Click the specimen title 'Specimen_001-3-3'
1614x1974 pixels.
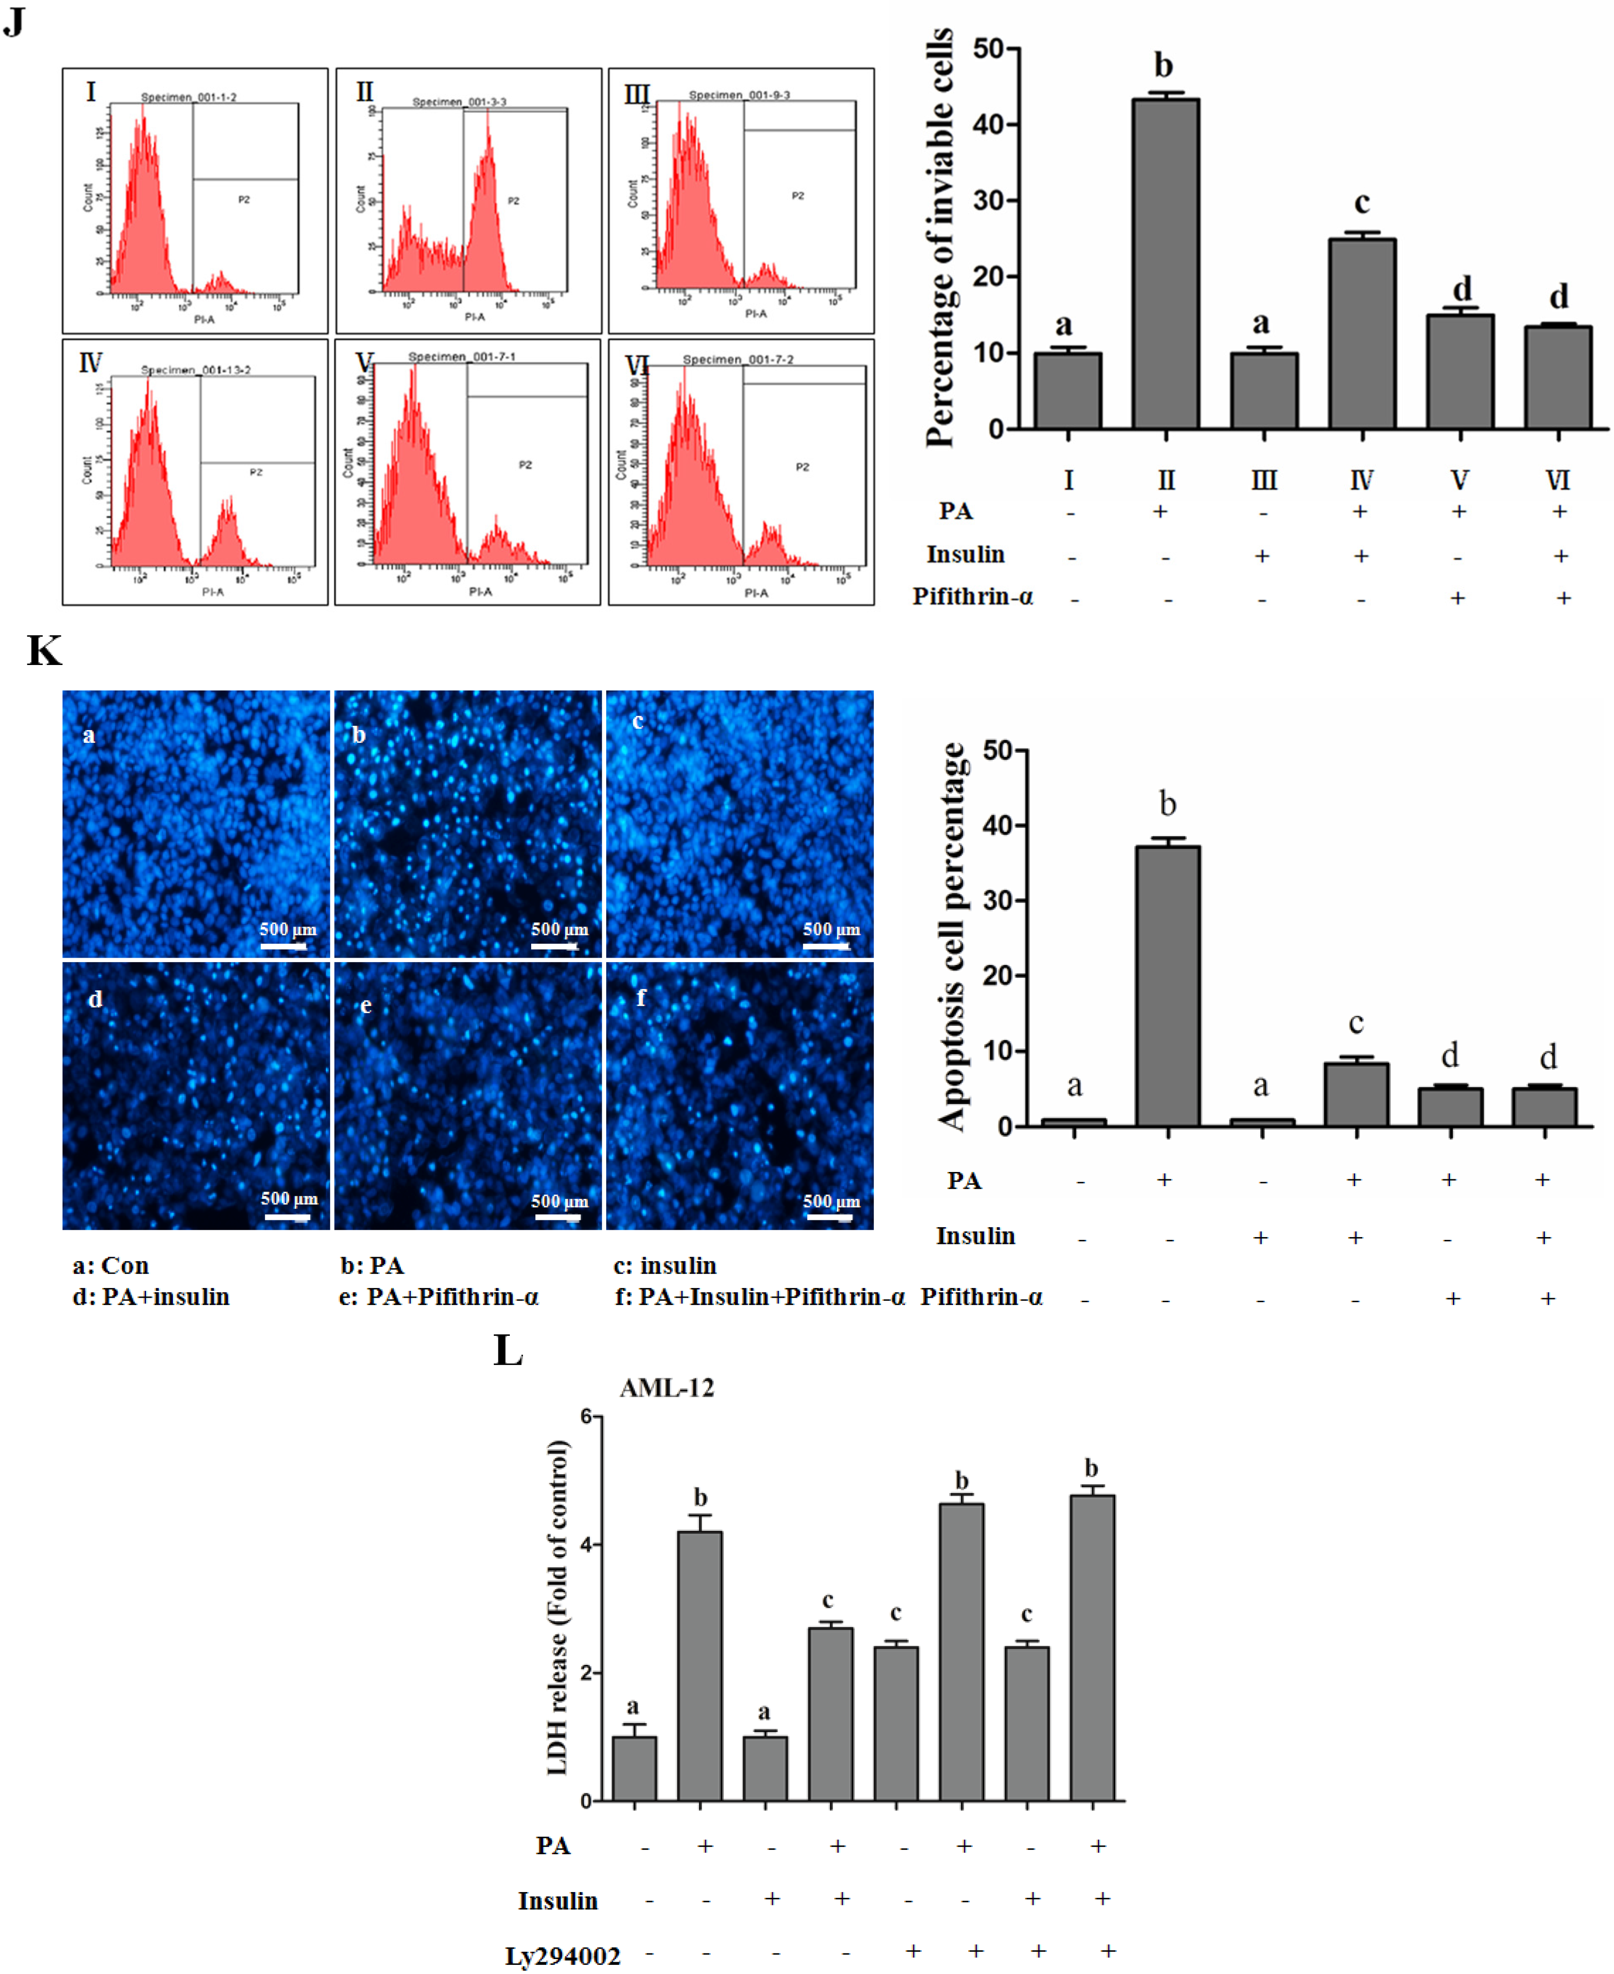tap(459, 101)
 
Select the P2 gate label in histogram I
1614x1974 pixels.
tap(244, 200)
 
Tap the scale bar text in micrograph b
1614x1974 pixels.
tap(559, 929)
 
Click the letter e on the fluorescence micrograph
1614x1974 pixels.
tap(365, 1005)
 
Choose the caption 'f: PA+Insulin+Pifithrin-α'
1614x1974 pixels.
tap(759, 1296)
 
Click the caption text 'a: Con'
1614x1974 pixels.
tap(111, 1265)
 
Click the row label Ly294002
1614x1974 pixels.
tap(563, 1955)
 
